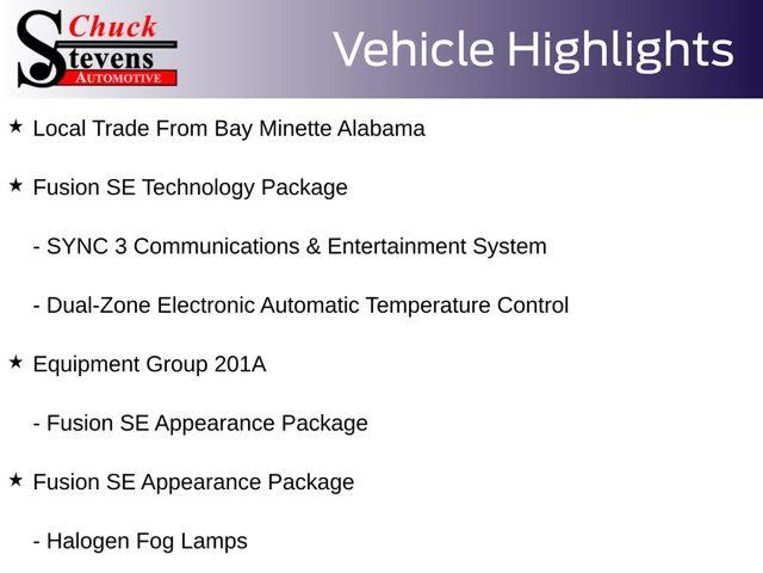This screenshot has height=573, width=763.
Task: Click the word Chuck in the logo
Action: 113,26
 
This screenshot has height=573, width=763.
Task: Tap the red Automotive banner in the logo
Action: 120,78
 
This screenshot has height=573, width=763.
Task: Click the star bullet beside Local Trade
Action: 16,126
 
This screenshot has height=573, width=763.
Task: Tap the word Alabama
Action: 381,128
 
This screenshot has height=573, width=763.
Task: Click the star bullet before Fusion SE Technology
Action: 16,185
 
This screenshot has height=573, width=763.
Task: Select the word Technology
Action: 198,188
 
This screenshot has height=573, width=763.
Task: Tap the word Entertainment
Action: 396,246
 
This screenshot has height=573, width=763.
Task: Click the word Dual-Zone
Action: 98,305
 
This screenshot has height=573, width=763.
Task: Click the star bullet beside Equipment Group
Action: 16,362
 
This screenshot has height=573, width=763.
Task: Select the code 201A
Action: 240,364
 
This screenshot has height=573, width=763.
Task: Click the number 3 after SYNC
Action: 121,246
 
